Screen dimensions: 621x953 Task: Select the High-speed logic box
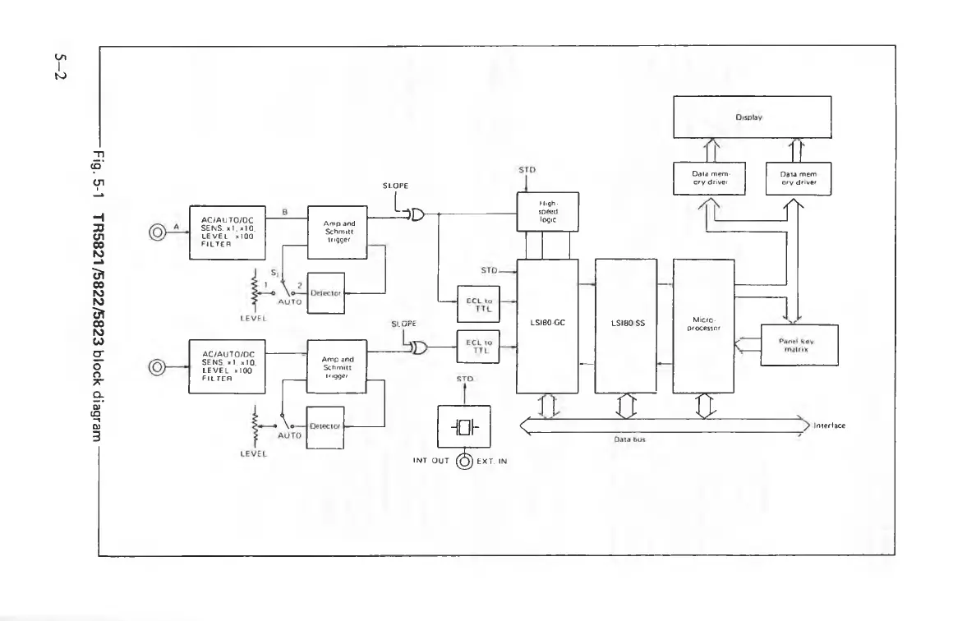coord(546,209)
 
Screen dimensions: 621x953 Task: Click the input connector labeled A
coord(156,232)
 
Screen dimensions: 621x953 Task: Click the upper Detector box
coord(326,292)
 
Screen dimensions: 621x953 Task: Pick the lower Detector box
coord(326,425)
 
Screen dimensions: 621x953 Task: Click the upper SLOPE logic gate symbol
coord(416,215)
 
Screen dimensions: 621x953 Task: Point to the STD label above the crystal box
coord(465,379)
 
